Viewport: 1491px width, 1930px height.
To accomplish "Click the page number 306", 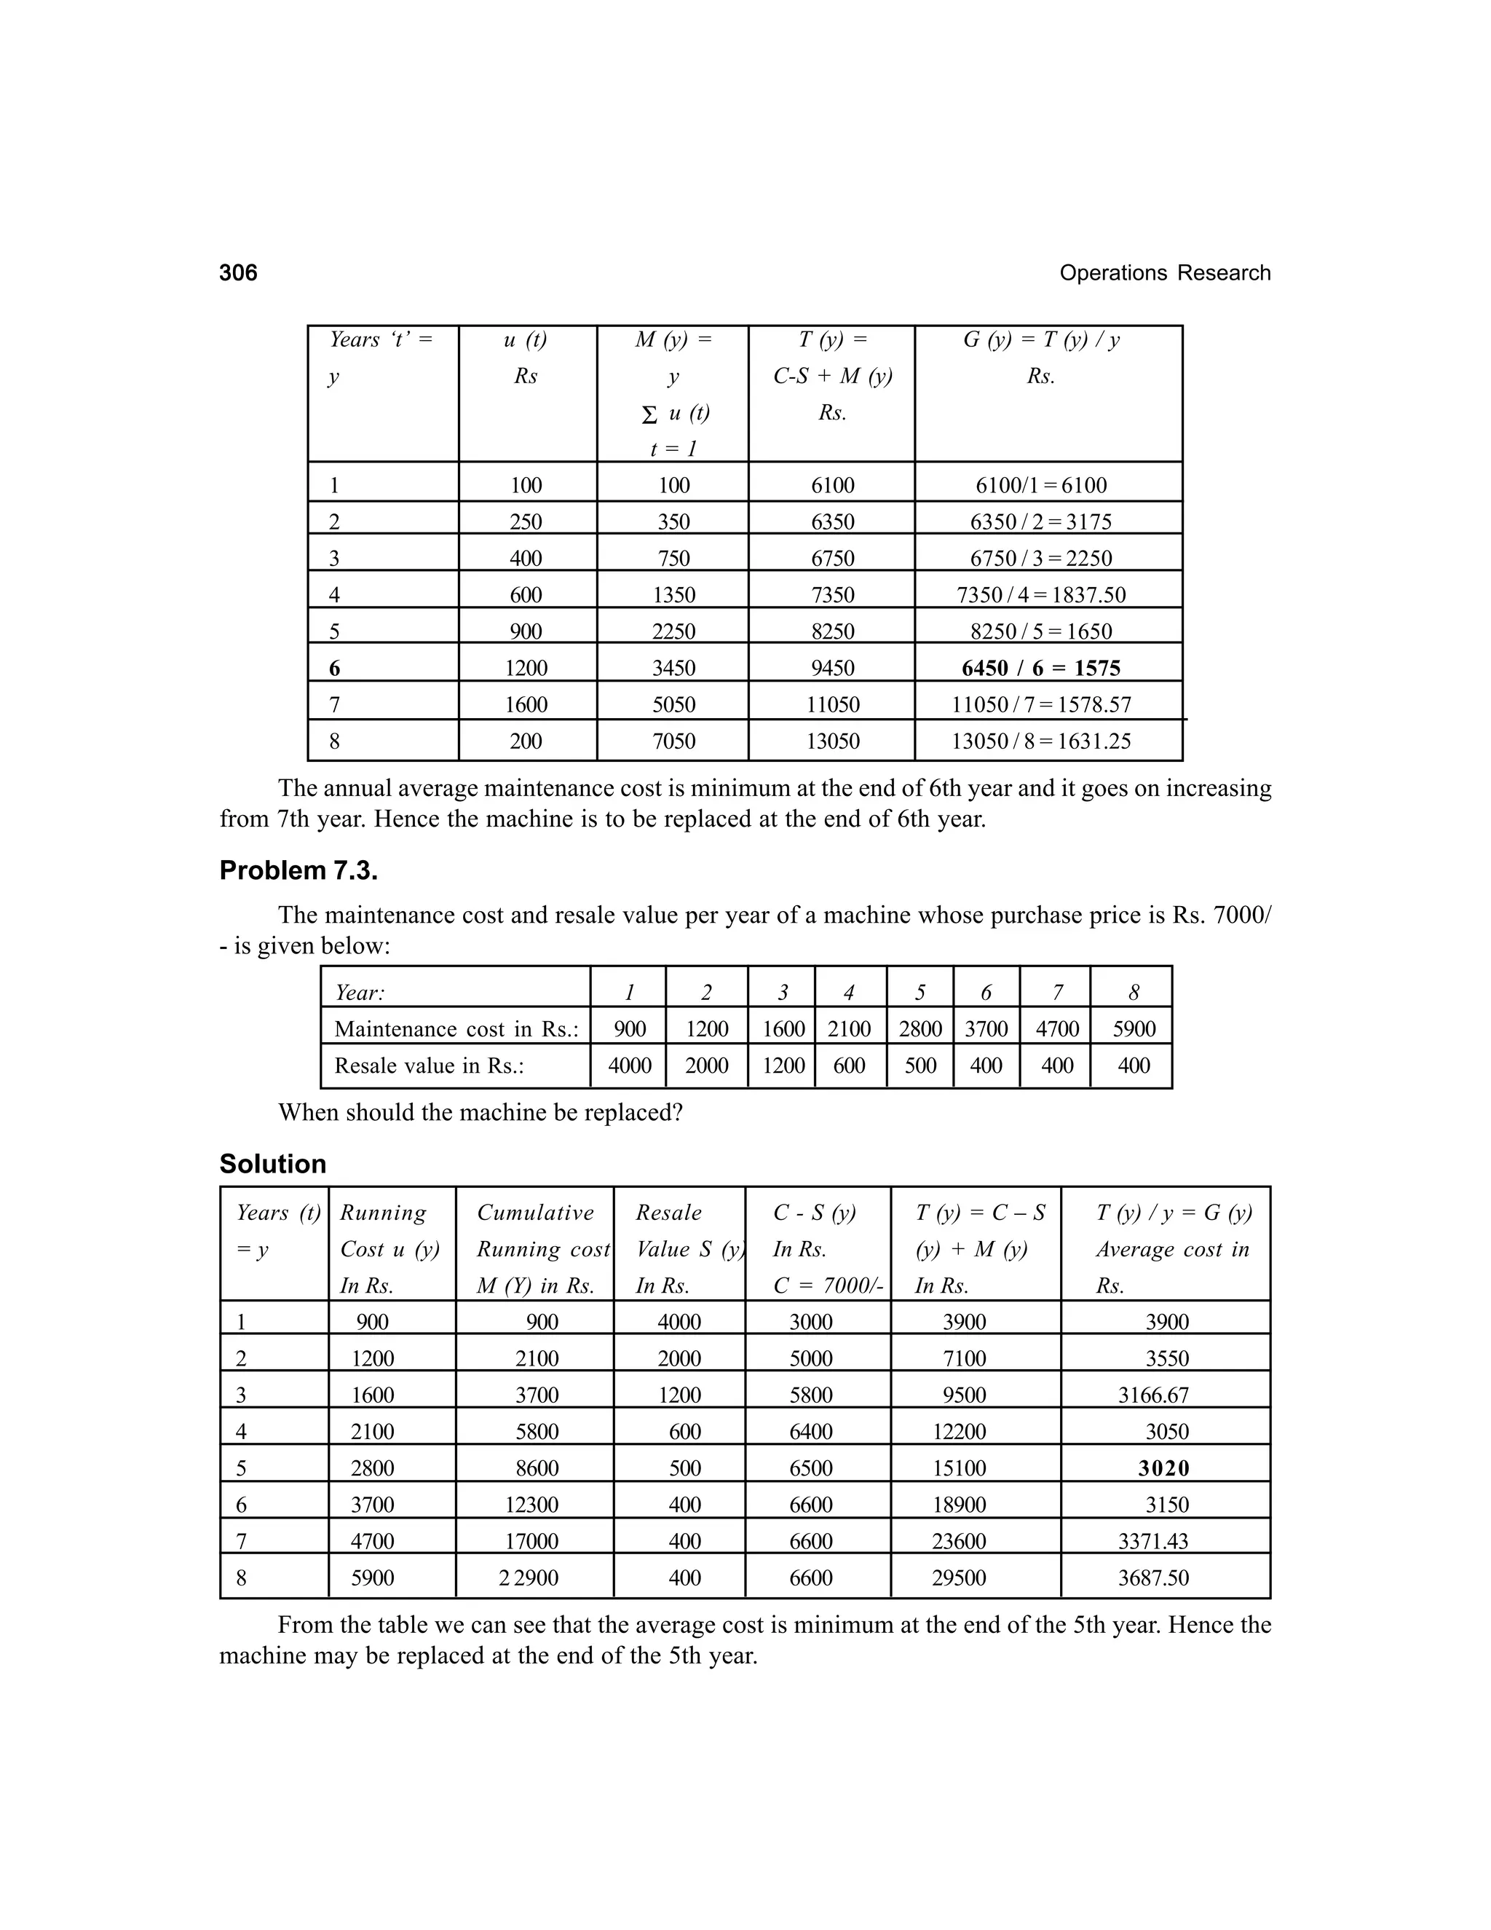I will (x=239, y=272).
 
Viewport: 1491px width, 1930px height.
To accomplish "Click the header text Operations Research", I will (x=1164, y=273).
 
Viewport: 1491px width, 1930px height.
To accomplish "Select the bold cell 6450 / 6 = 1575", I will (x=1040, y=668).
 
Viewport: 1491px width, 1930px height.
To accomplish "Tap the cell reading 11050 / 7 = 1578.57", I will (x=1040, y=705).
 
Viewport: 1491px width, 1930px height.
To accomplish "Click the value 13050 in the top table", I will (x=832, y=741).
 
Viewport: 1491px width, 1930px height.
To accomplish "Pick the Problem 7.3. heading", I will (x=298, y=870).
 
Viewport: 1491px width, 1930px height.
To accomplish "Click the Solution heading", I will (x=273, y=1164).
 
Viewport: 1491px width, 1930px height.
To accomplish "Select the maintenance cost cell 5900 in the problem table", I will (x=1134, y=1028).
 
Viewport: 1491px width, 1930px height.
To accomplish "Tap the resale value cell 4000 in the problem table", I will (x=629, y=1066).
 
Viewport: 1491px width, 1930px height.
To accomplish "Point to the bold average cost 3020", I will (x=1163, y=1468).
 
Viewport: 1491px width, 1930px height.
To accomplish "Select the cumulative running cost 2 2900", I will (x=529, y=1578).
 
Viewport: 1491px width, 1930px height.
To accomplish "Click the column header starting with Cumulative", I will (x=535, y=1213).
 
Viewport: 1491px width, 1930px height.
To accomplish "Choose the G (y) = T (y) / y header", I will (x=1040, y=340).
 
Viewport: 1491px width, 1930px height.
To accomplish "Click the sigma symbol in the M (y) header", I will (x=649, y=414).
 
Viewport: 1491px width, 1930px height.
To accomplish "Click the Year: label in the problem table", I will (x=360, y=993).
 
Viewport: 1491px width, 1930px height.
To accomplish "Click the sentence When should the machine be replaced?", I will (x=480, y=1113).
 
